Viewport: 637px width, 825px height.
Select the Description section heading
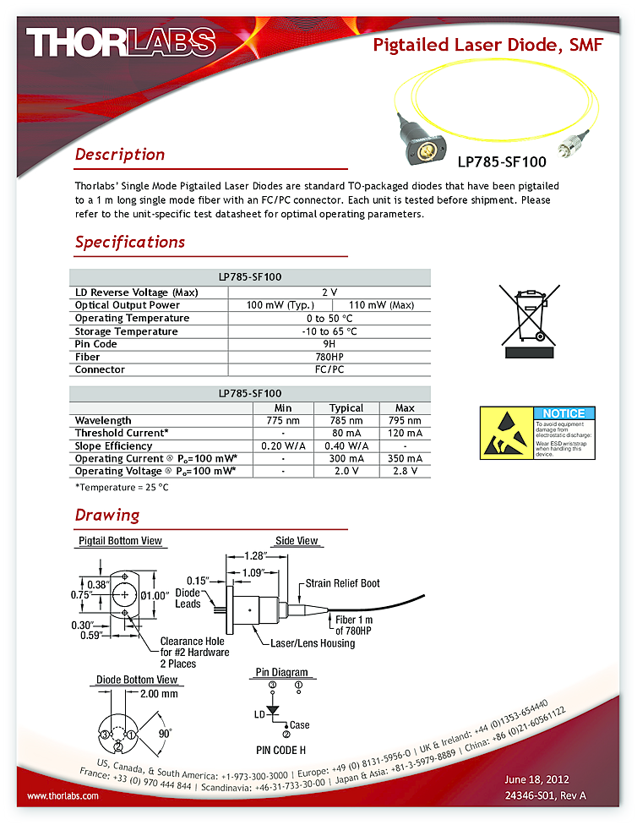120,155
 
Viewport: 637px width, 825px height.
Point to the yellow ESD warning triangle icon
505,434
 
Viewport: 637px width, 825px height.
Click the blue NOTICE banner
563,413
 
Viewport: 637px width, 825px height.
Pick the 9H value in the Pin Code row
329,344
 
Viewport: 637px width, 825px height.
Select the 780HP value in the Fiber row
329,357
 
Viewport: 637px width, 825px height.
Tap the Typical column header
346,407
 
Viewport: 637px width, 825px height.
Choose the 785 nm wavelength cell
346,420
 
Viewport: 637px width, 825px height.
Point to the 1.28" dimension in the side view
253,555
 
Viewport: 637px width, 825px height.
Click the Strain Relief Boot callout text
343,583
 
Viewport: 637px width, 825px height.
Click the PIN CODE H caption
281,750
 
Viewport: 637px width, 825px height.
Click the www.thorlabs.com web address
63,795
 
